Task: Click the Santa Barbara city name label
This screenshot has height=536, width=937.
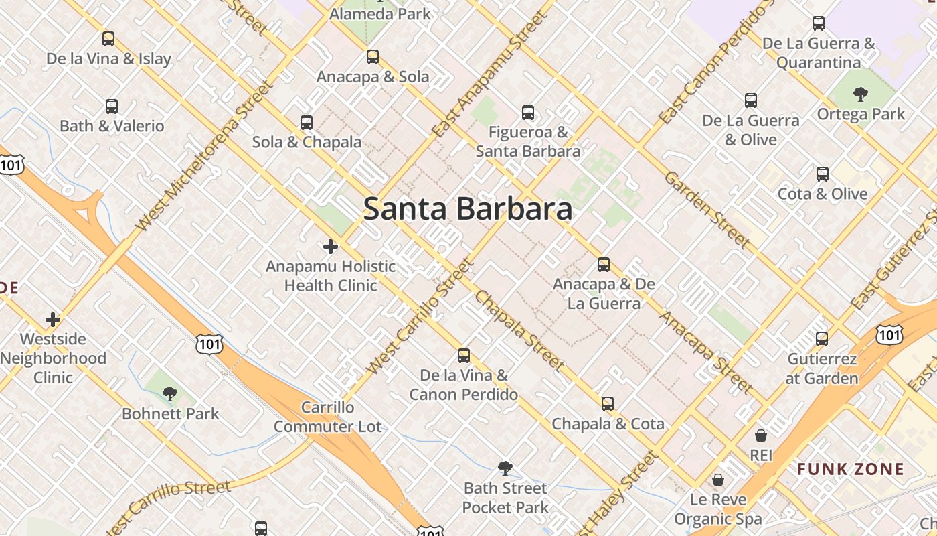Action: pos(467,209)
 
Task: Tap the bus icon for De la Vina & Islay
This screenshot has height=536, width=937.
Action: pos(108,39)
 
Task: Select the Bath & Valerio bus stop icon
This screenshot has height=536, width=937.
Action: pos(112,106)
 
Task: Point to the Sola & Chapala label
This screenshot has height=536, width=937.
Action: pos(307,142)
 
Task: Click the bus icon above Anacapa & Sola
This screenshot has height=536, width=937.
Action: pos(373,57)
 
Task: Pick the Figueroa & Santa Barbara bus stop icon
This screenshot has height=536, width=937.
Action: pos(528,112)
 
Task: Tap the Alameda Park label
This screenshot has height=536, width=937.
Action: pos(380,13)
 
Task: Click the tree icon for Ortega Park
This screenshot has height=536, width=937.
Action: pos(861,94)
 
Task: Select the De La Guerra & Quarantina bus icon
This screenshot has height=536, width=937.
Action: pos(819,23)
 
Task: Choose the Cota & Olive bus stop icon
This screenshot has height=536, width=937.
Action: pos(823,174)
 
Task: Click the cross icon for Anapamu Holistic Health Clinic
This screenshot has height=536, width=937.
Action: pos(331,247)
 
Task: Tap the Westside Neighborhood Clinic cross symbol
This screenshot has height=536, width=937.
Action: pos(53,319)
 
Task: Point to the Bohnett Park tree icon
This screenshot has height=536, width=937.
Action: pos(170,394)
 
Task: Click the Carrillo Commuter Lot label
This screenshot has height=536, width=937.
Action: pos(327,417)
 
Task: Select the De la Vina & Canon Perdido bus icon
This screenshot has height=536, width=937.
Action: pos(464,355)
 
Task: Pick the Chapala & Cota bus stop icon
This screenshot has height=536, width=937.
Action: pos(608,404)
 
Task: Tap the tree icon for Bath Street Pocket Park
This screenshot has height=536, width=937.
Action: pos(505,468)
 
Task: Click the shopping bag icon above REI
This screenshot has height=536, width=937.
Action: pos(761,435)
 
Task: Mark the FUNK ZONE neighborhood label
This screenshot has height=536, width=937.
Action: pos(851,469)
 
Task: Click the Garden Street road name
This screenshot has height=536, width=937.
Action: pos(707,209)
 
